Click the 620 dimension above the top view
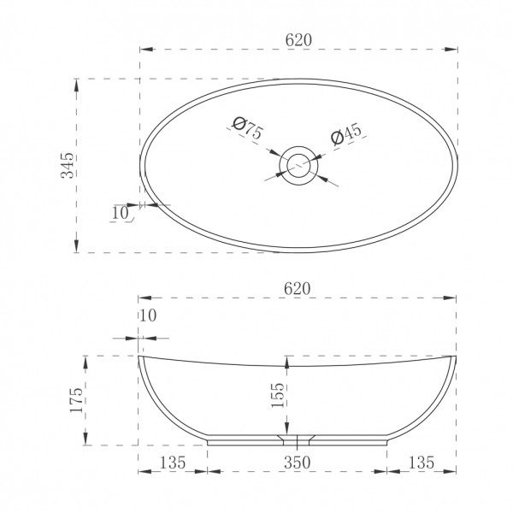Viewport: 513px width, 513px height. coord(298,40)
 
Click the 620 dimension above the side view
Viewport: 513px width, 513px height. coord(297,289)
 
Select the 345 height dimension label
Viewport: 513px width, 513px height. coord(68,165)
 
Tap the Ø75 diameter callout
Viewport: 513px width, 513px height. coord(247,127)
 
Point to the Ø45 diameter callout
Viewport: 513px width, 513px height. coord(346,133)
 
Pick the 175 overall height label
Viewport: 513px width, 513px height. coord(77,400)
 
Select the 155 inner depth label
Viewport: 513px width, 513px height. coord(278,395)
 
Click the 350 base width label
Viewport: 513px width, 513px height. coord(297,463)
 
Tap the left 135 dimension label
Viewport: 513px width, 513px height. coord(173,463)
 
